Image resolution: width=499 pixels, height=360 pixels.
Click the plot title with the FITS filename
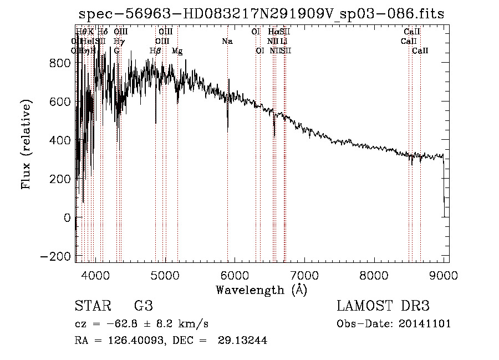(261, 14)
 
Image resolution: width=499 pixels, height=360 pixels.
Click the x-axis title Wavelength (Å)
(261, 290)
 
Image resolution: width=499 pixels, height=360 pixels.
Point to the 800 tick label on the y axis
(59, 63)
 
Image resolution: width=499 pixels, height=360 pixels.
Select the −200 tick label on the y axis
(55, 257)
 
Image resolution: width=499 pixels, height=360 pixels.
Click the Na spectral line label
(227, 41)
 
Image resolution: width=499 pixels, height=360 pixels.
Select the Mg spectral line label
(177, 51)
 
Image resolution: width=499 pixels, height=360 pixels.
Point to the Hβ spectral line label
(155, 51)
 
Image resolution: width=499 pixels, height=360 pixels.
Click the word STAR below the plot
(93, 306)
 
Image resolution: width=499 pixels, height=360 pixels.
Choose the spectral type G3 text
(143, 306)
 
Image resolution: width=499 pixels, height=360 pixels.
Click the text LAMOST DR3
(383, 306)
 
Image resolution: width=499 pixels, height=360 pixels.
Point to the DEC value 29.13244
(245, 341)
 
